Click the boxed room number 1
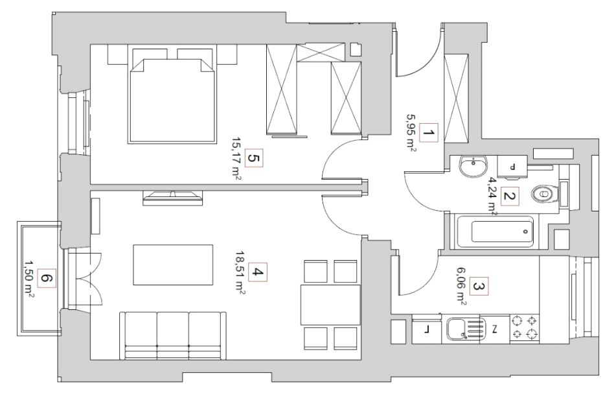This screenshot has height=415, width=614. point(429,133)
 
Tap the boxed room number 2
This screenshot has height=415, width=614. point(509,196)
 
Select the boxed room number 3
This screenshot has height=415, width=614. point(479,287)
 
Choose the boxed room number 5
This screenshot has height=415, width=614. point(253,158)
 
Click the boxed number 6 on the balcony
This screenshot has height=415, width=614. point(47,279)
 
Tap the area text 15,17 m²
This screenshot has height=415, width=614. point(236,159)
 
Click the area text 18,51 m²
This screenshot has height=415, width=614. point(240,272)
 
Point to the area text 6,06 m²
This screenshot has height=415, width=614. point(460,287)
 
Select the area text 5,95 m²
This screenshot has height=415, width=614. point(411,133)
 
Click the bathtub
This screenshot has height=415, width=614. point(495,231)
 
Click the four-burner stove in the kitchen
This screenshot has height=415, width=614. point(525,327)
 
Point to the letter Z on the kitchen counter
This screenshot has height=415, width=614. point(495,329)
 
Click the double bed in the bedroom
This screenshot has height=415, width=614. point(172,95)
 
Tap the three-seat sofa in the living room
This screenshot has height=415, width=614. point(173,335)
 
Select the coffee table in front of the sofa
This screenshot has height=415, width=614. point(173,265)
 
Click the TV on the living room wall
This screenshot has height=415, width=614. point(173,198)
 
